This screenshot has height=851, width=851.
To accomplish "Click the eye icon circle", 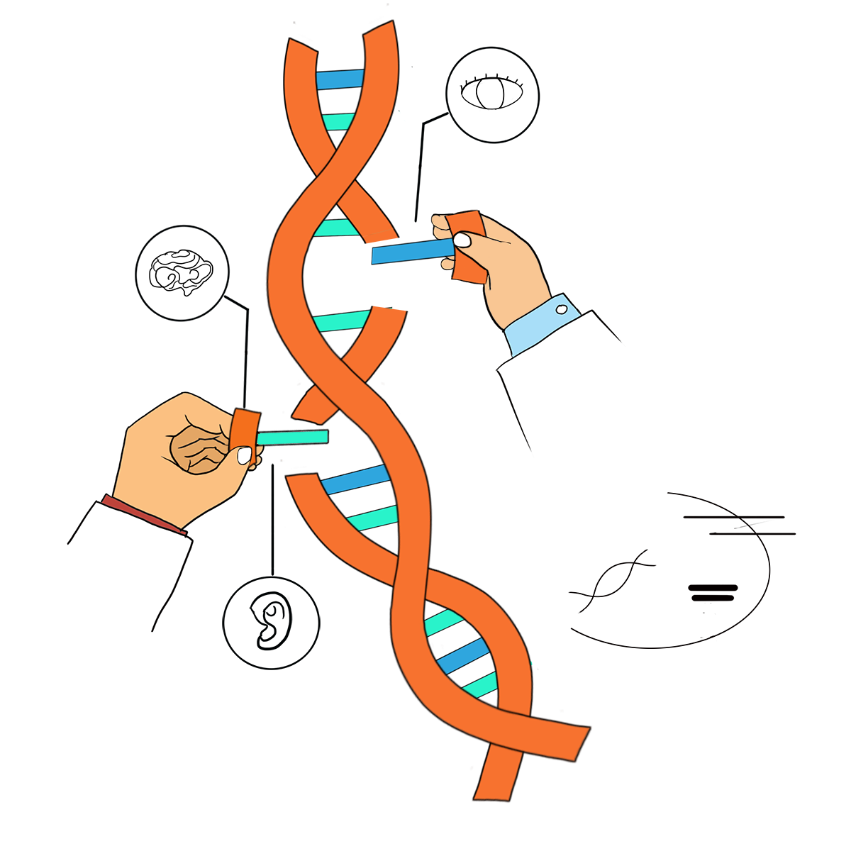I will (493, 94).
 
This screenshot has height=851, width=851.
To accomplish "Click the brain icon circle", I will (182, 272).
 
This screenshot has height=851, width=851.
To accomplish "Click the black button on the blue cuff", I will (561, 309).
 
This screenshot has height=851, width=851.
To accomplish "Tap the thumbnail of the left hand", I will (245, 455).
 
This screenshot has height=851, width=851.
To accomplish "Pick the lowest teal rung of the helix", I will (479, 685).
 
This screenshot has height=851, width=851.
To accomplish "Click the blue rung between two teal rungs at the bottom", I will (462, 656).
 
